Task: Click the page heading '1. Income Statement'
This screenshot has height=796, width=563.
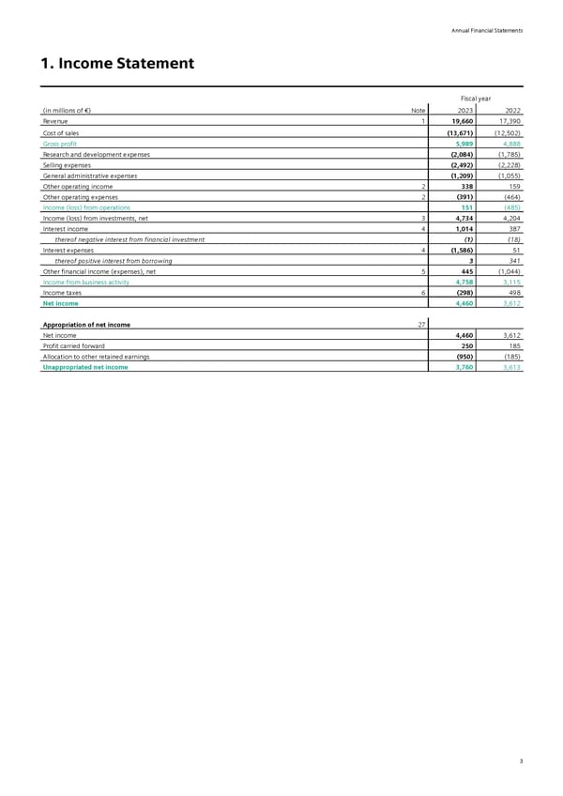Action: (x=118, y=65)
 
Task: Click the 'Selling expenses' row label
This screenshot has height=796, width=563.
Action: (x=67, y=164)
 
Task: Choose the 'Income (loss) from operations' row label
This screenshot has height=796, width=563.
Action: (x=86, y=207)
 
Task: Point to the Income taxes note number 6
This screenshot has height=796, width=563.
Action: (x=424, y=292)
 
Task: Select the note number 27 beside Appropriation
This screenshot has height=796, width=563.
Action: (x=421, y=325)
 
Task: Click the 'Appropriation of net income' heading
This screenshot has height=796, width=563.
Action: (x=86, y=325)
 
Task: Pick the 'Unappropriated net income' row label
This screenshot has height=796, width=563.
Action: (x=85, y=367)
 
